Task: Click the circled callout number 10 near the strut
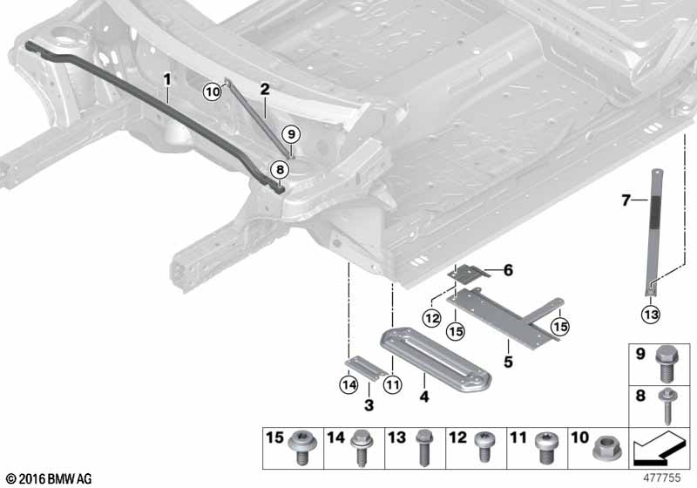click(x=213, y=92)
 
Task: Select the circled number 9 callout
click(x=291, y=134)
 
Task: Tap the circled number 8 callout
click(x=280, y=169)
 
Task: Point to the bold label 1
click(x=167, y=80)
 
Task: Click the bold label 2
click(x=265, y=90)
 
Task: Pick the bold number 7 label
click(x=626, y=200)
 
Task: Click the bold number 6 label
click(x=508, y=270)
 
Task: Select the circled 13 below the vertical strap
click(x=651, y=315)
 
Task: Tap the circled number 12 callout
click(x=432, y=318)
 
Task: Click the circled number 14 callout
click(x=348, y=384)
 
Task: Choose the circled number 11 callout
click(x=393, y=384)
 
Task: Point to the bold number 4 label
click(x=424, y=396)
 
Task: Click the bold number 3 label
click(x=369, y=405)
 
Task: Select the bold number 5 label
click(x=508, y=362)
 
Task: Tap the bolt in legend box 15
click(x=301, y=448)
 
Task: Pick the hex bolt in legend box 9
click(x=666, y=363)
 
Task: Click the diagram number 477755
click(x=662, y=478)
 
